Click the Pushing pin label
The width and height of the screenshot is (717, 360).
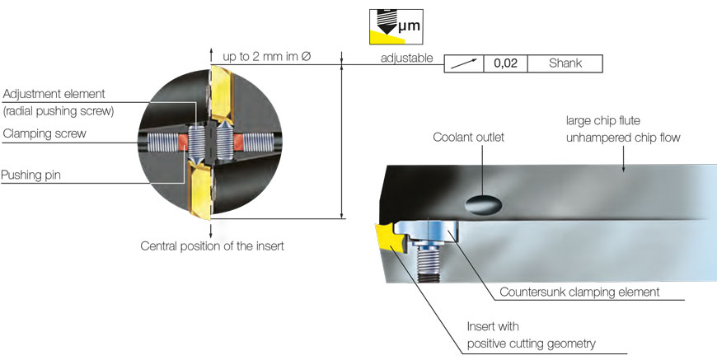[31, 175]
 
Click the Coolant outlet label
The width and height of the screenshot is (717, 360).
[468, 138]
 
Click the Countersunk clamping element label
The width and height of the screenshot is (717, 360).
[580, 292]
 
